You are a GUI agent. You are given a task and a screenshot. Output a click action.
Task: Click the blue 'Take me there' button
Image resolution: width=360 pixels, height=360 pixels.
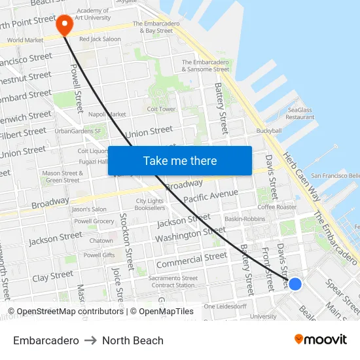click(180, 160)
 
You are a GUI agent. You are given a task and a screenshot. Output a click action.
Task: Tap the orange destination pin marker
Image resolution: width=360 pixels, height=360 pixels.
click(64, 25)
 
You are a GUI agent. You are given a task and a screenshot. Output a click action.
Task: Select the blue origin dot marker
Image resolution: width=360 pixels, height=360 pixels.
click(295, 283)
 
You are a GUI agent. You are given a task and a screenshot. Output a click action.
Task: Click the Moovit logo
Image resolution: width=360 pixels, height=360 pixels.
click(320, 340)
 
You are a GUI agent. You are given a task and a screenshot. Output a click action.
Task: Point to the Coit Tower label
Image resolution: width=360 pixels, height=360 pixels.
click(161, 109)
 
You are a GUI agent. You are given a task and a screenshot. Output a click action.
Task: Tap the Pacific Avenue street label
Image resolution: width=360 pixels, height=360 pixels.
click(211, 196)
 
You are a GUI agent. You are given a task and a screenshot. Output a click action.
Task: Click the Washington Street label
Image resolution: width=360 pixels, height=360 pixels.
click(190, 234)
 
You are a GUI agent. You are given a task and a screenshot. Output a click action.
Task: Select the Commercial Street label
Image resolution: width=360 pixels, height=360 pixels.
click(191, 260)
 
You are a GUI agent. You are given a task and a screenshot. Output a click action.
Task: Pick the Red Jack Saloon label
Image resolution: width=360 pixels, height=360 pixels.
click(99, 39)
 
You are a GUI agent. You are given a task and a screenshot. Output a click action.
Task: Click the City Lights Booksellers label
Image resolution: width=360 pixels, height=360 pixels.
click(150, 204)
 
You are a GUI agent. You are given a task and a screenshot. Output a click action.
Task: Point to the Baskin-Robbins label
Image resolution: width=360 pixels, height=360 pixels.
click(245, 219)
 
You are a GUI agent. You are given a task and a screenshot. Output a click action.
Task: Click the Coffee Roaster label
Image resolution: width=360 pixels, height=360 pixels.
click(277, 207)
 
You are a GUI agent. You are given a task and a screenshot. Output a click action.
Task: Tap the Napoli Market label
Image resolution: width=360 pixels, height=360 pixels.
click(107, 114)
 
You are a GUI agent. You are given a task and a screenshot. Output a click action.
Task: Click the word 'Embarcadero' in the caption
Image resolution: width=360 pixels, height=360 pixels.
click(46, 340)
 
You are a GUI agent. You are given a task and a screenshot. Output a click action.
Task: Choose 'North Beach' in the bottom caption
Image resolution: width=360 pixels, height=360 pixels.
click(133, 340)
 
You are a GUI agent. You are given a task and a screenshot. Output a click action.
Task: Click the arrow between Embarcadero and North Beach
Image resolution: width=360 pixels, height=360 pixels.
click(90, 340)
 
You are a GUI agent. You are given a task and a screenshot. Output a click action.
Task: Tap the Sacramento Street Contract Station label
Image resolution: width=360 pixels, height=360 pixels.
click(173, 281)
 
